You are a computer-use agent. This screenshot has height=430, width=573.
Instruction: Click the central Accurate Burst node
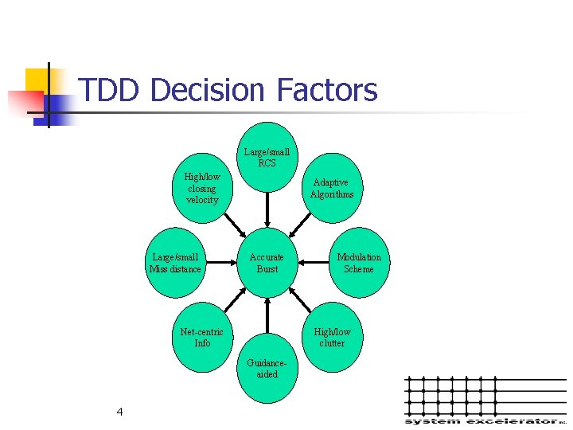point(267,263)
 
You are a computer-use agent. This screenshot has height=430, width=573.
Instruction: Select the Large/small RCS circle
point(267,157)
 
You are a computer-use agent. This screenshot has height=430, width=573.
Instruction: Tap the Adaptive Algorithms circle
point(332,189)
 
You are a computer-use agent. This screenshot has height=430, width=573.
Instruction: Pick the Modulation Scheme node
point(358,263)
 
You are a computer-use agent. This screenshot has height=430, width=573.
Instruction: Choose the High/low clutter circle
point(332,338)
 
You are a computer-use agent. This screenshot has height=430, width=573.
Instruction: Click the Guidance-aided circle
point(267,368)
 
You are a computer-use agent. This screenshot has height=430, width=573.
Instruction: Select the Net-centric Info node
point(202,338)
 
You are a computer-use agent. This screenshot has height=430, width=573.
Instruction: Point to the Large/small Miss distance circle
point(176,263)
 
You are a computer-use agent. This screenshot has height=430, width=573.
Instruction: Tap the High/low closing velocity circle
point(202,189)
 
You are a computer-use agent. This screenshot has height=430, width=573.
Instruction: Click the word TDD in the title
point(111,91)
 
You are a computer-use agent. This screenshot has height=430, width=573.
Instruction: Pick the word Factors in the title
point(327,91)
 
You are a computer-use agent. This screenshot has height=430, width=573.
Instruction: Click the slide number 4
point(119,412)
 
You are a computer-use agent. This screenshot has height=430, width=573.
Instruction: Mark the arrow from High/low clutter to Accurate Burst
point(301,300)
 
